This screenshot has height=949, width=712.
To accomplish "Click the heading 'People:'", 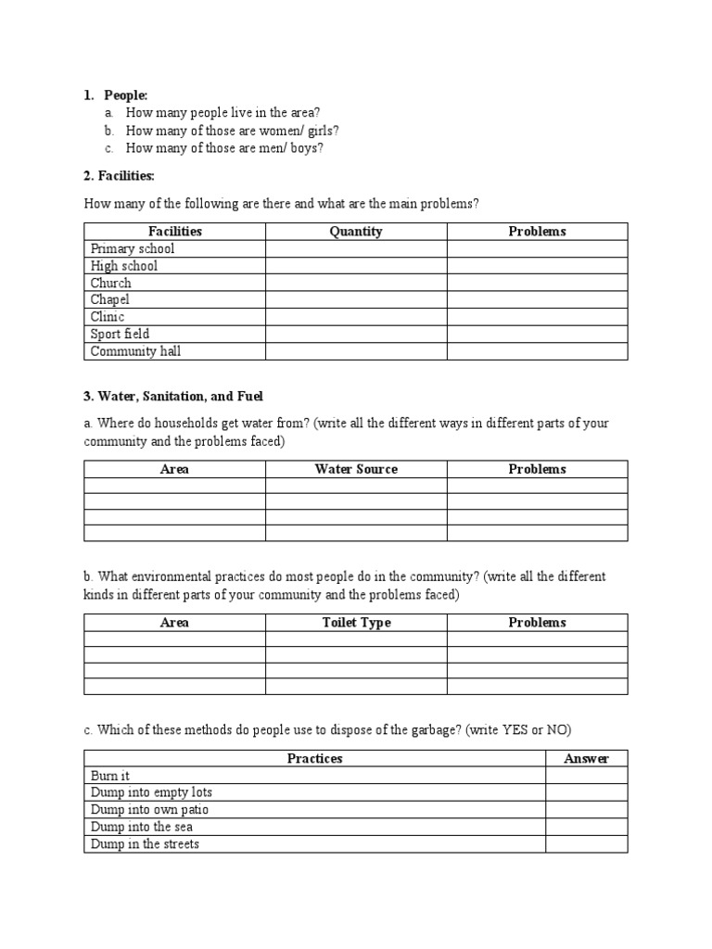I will (125, 95).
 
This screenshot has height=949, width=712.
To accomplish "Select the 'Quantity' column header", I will (356, 232).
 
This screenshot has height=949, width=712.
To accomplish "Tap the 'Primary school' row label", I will (133, 248).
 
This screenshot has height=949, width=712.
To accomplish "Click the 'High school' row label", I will (124, 266).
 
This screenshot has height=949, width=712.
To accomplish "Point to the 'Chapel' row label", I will (110, 300).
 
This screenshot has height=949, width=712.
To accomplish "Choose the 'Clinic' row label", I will (108, 317).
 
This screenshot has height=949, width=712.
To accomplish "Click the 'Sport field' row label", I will (120, 334).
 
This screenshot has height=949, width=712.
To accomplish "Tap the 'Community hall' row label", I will (136, 351).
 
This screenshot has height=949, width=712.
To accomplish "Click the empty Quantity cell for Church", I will (356, 283).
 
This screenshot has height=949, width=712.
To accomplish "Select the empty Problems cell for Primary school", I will (537, 248).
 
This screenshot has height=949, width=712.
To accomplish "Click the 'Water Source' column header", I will (356, 469).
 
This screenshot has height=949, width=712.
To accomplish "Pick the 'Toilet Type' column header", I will (356, 623).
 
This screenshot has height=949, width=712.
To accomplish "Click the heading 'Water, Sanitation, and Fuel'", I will (173, 397).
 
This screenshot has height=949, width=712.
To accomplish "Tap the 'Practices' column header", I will (314, 758).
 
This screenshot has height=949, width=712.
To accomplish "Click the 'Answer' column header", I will (586, 758).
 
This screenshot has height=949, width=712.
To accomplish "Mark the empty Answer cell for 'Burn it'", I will (586, 776).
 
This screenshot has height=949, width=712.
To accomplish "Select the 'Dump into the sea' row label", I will (142, 827).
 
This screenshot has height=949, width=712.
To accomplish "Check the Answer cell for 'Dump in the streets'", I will (586, 844).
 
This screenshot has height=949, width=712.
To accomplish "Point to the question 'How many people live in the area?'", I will (222, 113).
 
